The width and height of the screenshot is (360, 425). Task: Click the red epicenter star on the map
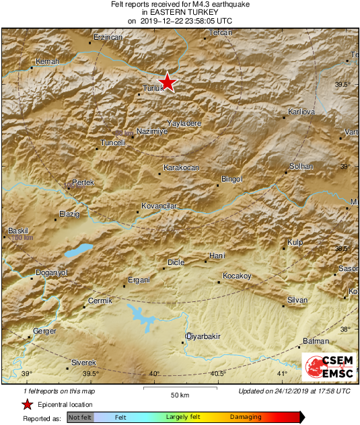pyautogui.click(x=168, y=82)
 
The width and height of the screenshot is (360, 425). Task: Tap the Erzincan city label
pyautogui.click(x=108, y=37)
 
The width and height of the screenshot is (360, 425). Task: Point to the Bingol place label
pyautogui.click(x=231, y=179)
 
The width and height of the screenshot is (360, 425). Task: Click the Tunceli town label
pyautogui.click(x=113, y=143)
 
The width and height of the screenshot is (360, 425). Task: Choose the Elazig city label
pyautogui.click(x=69, y=214)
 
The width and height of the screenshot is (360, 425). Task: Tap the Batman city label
pyautogui.click(x=316, y=342)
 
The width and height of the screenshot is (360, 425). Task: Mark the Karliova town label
pyautogui.click(x=301, y=111)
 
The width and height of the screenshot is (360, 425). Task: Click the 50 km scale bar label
pyautogui.click(x=179, y=393)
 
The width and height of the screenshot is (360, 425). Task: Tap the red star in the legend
pyautogui.click(x=27, y=405)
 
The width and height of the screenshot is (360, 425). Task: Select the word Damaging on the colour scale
pyautogui.click(x=246, y=418)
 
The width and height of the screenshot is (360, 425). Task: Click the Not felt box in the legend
pyautogui.click(x=80, y=418)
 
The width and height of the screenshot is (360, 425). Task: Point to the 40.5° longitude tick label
pyautogui.click(x=217, y=374)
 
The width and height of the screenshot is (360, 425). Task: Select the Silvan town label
pyautogui.click(x=297, y=300)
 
